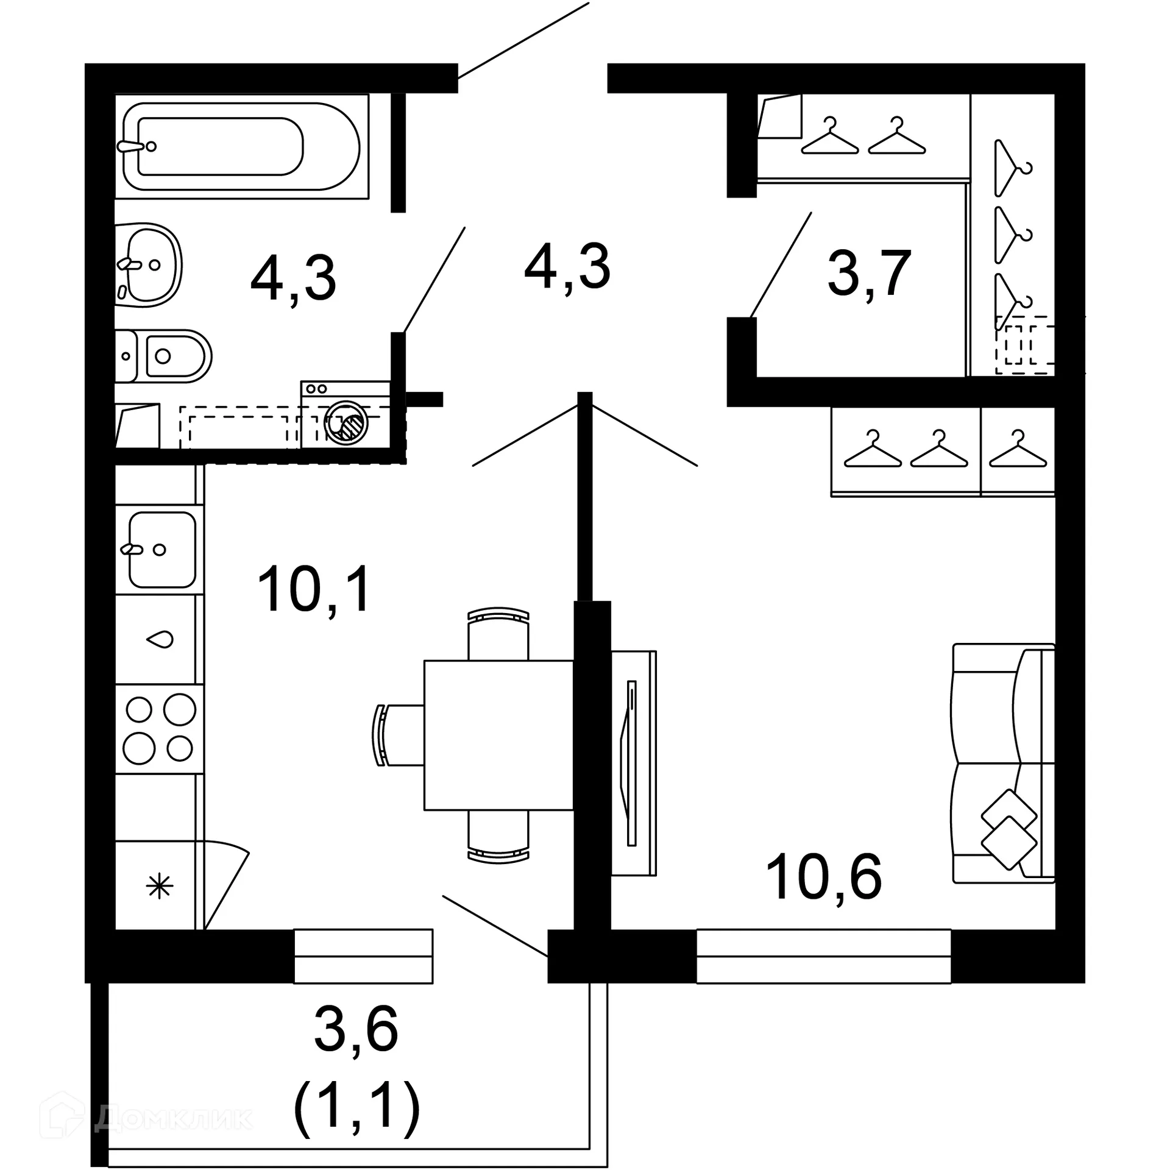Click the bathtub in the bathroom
[241, 146]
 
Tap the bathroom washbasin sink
[149, 264]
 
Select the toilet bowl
[168, 356]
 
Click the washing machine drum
[346, 421]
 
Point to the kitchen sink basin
[161, 549]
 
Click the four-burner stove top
[160, 729]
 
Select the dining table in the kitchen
[498, 735]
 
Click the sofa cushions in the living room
[1009, 829]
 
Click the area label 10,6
[823, 877]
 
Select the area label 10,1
[314, 589]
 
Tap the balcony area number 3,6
[356, 1029]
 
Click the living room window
[823, 956]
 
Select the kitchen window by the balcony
[363, 956]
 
